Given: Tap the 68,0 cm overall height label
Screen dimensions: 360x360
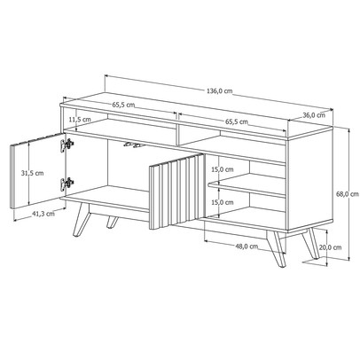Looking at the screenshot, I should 348,194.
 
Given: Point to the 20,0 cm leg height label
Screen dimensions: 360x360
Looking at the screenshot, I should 331,247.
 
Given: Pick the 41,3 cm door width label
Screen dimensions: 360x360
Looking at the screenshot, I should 42,213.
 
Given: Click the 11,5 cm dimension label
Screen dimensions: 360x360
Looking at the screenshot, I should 80,119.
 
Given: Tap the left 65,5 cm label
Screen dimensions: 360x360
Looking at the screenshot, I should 125,105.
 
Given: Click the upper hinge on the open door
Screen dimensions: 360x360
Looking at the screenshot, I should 65,144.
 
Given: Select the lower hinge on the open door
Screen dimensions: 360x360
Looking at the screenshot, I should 65,184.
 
